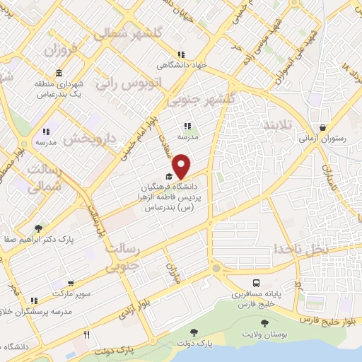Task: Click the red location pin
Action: [182, 165]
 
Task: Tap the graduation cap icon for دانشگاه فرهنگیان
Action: [168, 176]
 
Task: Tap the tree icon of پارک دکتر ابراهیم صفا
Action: [37, 229]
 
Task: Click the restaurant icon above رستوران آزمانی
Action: [322, 128]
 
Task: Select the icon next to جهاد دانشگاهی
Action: [181, 54]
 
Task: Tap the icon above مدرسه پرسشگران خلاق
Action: [35, 300]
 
